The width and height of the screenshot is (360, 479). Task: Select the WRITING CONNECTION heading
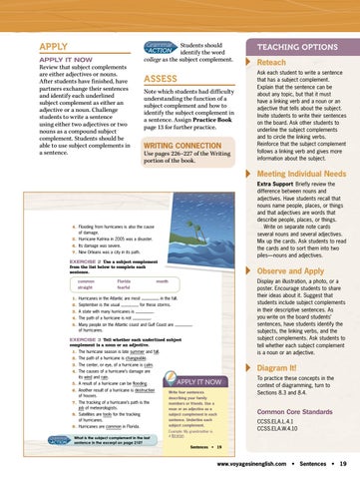(x=189, y=145)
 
